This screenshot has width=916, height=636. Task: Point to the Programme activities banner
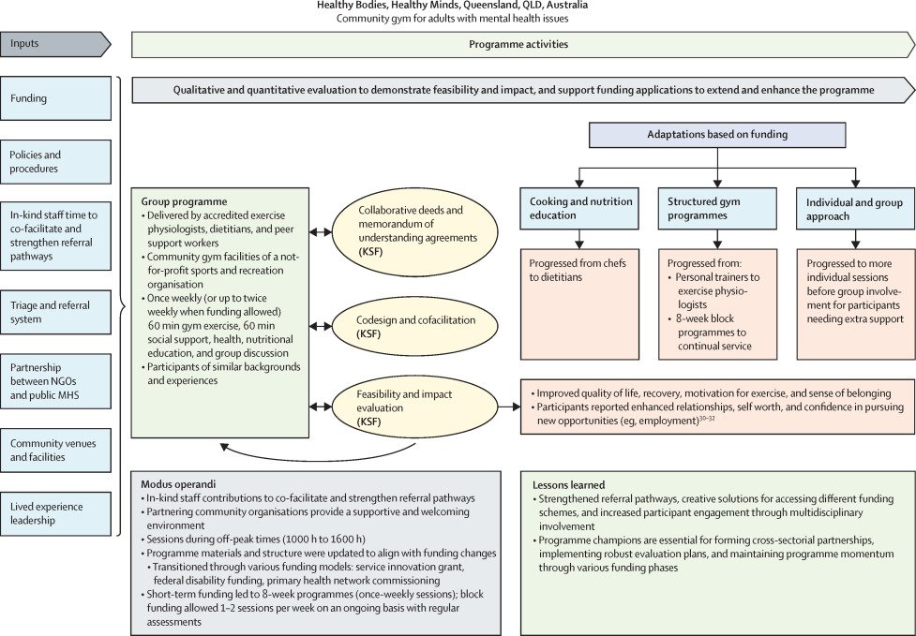pyautogui.click(x=518, y=44)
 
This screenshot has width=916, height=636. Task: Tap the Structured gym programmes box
pyautogui.click(x=717, y=208)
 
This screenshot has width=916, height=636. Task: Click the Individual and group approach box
pyautogui.click(x=854, y=208)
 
